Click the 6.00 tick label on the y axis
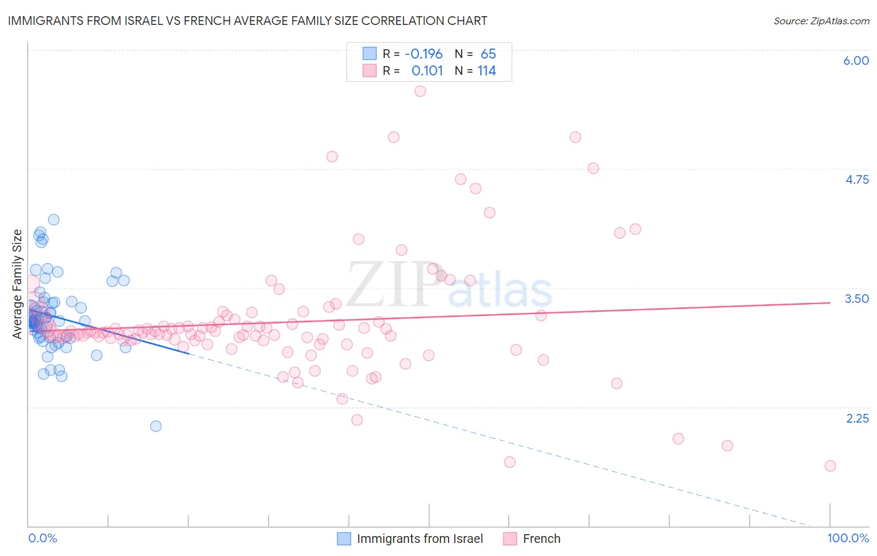pos(856,60)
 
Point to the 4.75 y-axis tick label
pos(856,180)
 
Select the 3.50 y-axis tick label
pos(856,299)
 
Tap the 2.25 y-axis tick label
pos(857,418)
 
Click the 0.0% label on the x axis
pos(43,539)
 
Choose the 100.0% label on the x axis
pos(848,539)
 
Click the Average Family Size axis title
pos(17,284)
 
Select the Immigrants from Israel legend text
pos(420,539)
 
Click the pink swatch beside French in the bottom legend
pos(510,539)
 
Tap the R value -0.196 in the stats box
pos(424,54)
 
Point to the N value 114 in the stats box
pos(487,71)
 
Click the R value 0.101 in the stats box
pos(427,71)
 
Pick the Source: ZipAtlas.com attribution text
pos(821,21)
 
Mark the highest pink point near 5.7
pos(420,91)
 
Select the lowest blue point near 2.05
pos(156,426)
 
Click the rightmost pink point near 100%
pos(830,466)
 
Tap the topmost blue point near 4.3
pos(54,219)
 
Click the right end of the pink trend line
pos(830,302)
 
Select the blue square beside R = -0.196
pos(369,54)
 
